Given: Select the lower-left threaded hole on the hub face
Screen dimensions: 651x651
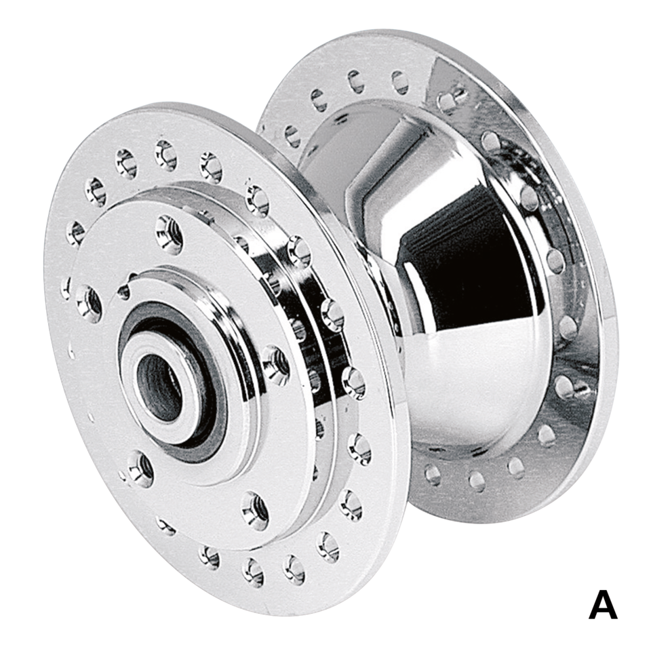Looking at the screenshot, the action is (x=140, y=469).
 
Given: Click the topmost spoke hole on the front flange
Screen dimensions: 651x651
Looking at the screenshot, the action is (x=166, y=155).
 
